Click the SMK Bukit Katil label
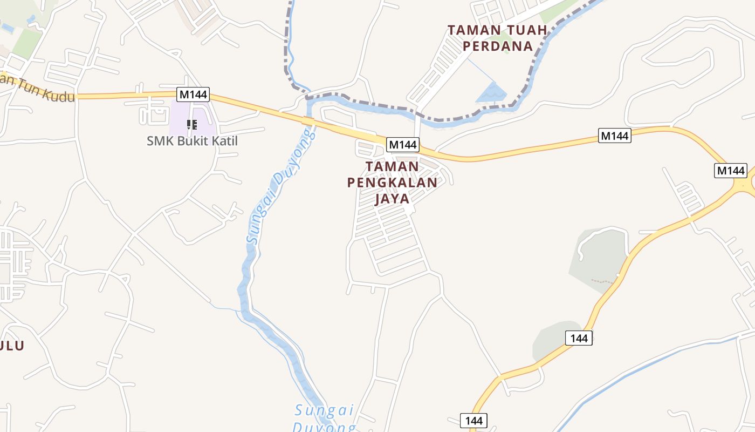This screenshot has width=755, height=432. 192,141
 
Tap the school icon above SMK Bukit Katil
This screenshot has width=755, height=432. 191,125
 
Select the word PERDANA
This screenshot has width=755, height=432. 498,46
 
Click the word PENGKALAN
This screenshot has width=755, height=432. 392,183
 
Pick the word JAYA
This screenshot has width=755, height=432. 392,199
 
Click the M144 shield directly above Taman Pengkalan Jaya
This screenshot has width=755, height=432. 403,145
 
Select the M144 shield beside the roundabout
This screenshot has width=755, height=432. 731,171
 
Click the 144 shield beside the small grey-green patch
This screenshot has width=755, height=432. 579,339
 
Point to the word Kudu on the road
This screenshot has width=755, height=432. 54,93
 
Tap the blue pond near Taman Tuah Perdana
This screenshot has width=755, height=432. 491,94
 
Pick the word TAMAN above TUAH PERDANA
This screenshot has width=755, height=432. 470,30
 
